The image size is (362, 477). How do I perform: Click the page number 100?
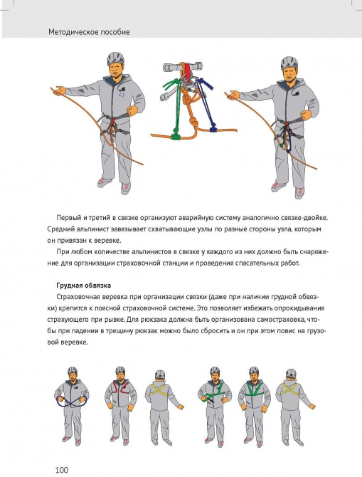[62, 470]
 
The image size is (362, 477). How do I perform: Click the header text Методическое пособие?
[89, 32]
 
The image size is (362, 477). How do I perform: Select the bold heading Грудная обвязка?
[84, 285]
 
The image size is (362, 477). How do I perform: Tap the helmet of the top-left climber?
[116, 58]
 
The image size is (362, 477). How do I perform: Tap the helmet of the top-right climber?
[289, 63]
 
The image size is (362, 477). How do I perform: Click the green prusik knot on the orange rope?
[176, 136]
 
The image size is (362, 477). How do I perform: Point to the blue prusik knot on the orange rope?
[213, 127]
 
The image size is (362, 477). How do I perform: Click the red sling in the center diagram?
[188, 70]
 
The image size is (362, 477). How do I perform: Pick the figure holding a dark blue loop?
[72, 406]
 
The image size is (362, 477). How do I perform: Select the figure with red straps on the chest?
[121, 406]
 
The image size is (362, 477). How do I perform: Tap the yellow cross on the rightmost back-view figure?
[291, 389]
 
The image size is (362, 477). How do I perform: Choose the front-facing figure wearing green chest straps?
[254, 407]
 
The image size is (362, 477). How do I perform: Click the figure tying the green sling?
[215, 407]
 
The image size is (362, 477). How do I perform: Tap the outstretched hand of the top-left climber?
[58, 90]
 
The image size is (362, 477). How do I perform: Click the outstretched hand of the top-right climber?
[233, 95]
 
